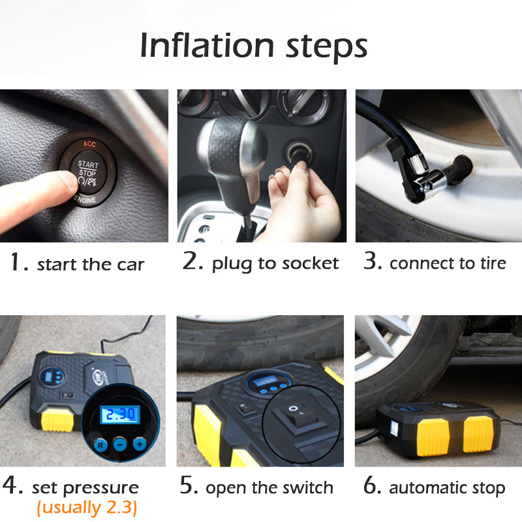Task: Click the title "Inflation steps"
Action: [x=254, y=45]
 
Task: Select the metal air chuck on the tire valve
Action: [x=424, y=179]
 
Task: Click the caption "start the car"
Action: [x=90, y=264]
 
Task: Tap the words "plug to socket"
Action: [x=275, y=263]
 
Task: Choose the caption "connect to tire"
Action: [x=448, y=263]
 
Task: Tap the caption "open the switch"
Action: [x=269, y=487]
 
